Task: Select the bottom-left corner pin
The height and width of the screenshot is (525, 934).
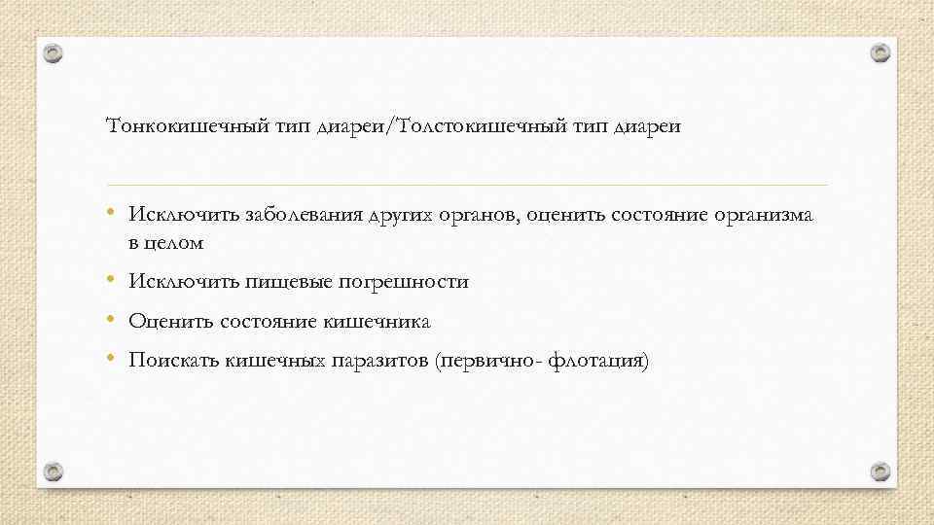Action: [x=54, y=472]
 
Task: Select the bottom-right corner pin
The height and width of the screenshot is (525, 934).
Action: [x=880, y=472]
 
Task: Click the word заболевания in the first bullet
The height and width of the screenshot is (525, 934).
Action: [x=305, y=215]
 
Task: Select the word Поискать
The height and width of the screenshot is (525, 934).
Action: [x=174, y=361]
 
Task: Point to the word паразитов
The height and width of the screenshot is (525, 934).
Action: [x=379, y=362]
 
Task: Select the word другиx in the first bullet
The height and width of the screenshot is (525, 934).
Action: [x=399, y=216]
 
